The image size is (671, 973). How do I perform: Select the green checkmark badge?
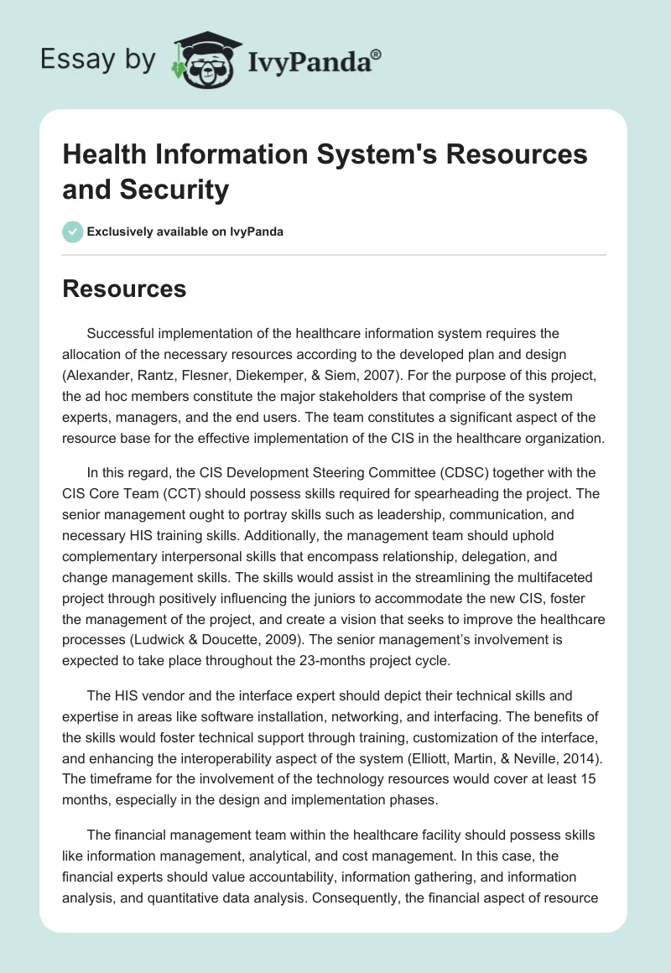pyautogui.click(x=72, y=232)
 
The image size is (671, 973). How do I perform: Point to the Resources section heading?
pyautogui.click(x=124, y=289)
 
